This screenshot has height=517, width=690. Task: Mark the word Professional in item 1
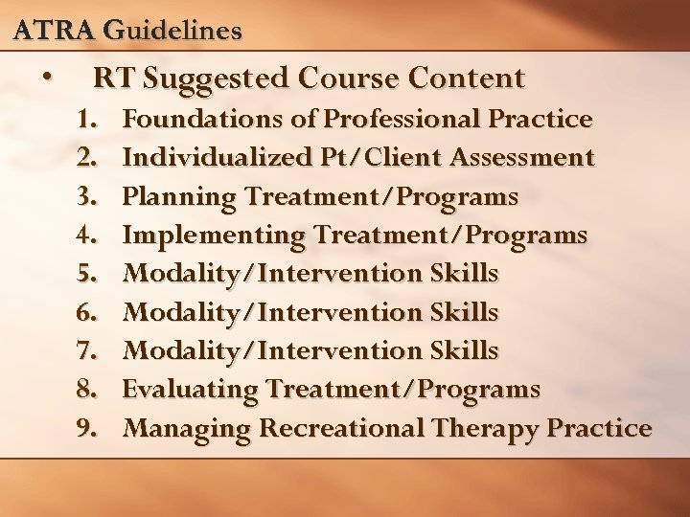pos(403,120)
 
